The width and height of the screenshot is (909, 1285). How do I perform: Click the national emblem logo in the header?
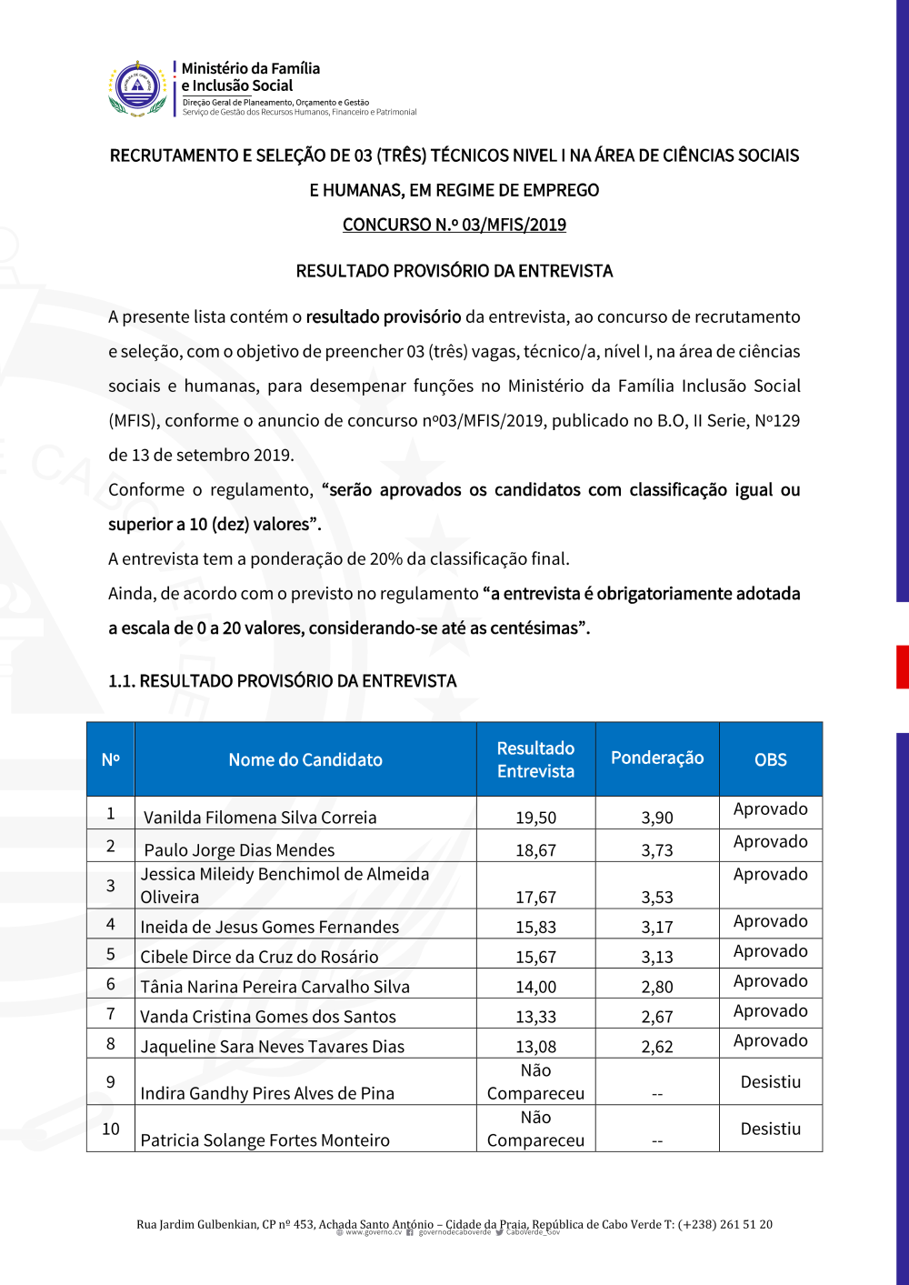(x=137, y=88)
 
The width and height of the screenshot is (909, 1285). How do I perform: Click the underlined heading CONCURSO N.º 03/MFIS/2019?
(x=454, y=225)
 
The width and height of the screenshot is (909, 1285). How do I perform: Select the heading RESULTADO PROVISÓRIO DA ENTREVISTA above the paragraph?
(x=454, y=271)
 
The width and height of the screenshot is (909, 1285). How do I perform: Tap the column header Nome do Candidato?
(x=305, y=759)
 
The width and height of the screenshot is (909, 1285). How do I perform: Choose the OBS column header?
(x=771, y=759)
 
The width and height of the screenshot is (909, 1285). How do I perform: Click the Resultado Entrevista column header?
(x=535, y=759)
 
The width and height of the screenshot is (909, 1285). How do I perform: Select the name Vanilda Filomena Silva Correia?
(x=260, y=818)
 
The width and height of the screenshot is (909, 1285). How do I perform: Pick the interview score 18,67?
(x=535, y=850)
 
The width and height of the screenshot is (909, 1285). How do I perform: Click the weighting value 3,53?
(x=657, y=898)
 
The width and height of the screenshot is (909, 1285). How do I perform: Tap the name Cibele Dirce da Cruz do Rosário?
(x=259, y=957)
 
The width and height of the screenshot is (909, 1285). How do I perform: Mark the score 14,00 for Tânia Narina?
(x=535, y=987)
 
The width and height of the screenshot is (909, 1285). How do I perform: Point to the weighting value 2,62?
(x=657, y=1047)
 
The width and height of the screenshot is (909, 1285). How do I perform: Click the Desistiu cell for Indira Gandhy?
(x=771, y=1082)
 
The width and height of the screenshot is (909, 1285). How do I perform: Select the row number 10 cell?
(x=111, y=1129)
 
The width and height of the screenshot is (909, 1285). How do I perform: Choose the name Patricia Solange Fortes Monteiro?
(x=265, y=1140)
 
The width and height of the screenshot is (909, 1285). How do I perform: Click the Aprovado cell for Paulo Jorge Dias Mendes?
(x=771, y=842)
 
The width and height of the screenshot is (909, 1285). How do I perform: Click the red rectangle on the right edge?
(x=902, y=667)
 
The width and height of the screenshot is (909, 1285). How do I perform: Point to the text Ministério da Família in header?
(x=251, y=68)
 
